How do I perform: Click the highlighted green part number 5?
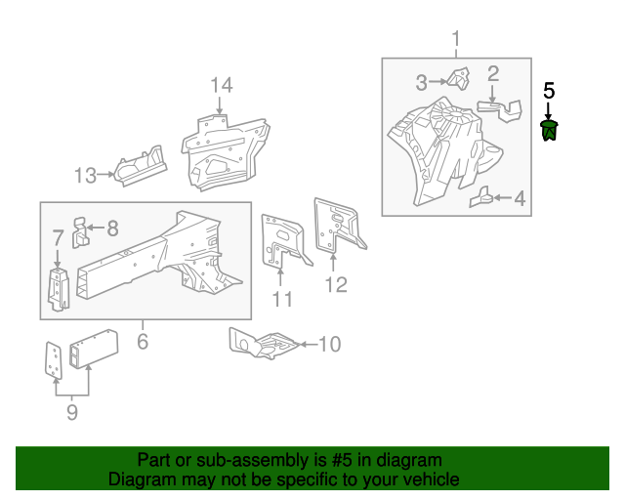tap(550, 130)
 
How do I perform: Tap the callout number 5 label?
tap(549, 90)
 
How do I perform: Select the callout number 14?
tap(222, 85)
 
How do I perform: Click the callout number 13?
tap(86, 176)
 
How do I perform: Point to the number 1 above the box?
tap(455, 39)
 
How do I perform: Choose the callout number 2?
tap(493, 73)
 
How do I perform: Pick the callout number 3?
tap(422, 81)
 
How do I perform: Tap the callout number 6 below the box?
tap(143, 341)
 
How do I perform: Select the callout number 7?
tap(58, 237)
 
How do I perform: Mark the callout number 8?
tap(112, 229)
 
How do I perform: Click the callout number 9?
tap(71, 413)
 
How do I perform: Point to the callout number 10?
tap(329, 344)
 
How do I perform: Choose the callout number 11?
tap(281, 299)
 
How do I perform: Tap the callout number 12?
tap(335, 285)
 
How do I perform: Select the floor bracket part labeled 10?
tap(262, 342)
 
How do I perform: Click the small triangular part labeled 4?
tap(480, 199)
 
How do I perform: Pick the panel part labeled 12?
tap(335, 226)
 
